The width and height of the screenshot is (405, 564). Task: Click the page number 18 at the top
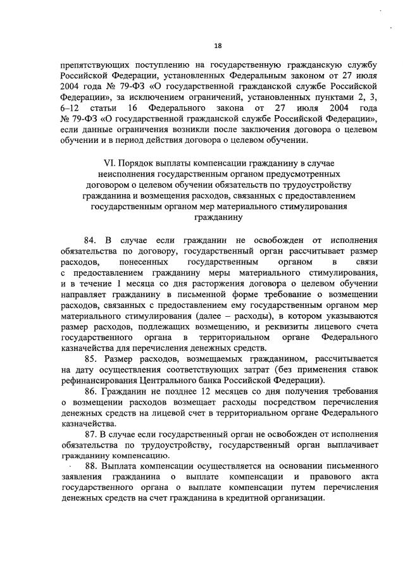(218, 46)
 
